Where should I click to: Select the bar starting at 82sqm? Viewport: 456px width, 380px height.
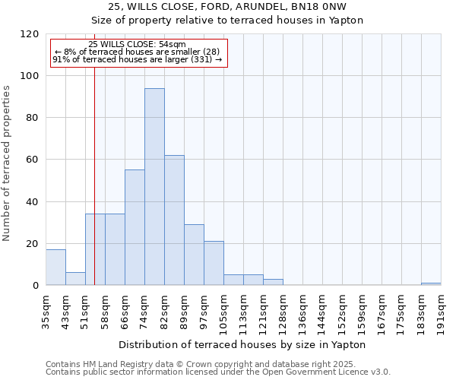click(x=174, y=220)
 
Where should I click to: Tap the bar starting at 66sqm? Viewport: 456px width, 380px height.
click(x=135, y=227)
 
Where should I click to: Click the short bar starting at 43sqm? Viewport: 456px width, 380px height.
click(x=75, y=279)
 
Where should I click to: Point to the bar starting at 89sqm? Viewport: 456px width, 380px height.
click(x=194, y=255)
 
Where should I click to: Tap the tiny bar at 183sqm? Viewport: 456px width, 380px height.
click(x=431, y=283)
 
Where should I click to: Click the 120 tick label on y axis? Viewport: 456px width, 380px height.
click(x=30, y=34)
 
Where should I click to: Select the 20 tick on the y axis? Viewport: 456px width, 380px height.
click(x=33, y=243)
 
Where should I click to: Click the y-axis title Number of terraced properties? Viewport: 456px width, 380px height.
click(x=7, y=163)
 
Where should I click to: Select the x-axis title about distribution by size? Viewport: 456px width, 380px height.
click(x=243, y=344)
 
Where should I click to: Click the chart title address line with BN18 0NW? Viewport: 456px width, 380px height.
click(x=227, y=7)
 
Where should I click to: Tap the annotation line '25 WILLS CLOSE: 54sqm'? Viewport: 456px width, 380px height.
click(x=137, y=45)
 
